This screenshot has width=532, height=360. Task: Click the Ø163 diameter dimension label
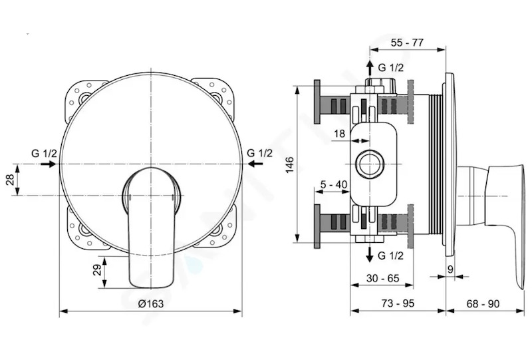(x=151, y=303)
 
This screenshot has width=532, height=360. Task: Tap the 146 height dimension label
(x=290, y=165)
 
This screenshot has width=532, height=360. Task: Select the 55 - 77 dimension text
(x=407, y=43)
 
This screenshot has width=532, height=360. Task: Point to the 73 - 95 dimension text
(x=398, y=303)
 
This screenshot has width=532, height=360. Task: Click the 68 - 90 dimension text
(x=483, y=303)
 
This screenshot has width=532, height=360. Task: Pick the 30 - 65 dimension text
(x=383, y=279)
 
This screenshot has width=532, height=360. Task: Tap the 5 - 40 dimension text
(x=334, y=184)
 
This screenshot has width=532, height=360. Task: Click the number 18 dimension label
(x=339, y=134)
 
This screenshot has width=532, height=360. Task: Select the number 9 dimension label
(x=450, y=270)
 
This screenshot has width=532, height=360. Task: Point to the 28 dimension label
(x=10, y=179)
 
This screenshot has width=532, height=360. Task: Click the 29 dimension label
(x=97, y=270)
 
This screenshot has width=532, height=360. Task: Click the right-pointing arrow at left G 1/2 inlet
(x=48, y=164)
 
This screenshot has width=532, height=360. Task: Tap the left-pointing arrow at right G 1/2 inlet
(x=255, y=164)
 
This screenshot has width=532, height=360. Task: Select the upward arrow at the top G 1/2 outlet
(x=370, y=69)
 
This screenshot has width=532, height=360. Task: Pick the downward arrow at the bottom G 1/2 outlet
(x=370, y=254)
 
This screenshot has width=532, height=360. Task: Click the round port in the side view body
(x=370, y=164)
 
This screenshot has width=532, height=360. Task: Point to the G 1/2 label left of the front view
(x=44, y=154)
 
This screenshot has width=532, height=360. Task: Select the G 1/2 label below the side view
(x=391, y=256)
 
